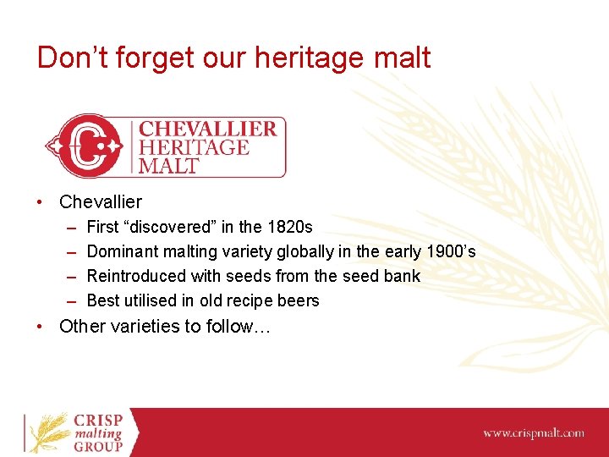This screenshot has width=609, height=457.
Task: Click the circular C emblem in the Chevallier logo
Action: click(x=85, y=146)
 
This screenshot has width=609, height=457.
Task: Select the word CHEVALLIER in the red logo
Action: click(x=207, y=129)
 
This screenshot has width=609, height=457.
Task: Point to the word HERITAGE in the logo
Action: click(x=194, y=147)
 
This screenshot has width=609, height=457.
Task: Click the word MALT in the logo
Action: click(x=168, y=165)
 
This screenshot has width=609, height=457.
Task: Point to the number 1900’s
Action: click(x=449, y=251)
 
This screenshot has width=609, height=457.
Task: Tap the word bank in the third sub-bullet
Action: click(x=402, y=276)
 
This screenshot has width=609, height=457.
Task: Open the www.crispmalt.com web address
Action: click(x=533, y=433)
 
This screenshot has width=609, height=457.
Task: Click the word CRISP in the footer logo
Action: click(x=99, y=421)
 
